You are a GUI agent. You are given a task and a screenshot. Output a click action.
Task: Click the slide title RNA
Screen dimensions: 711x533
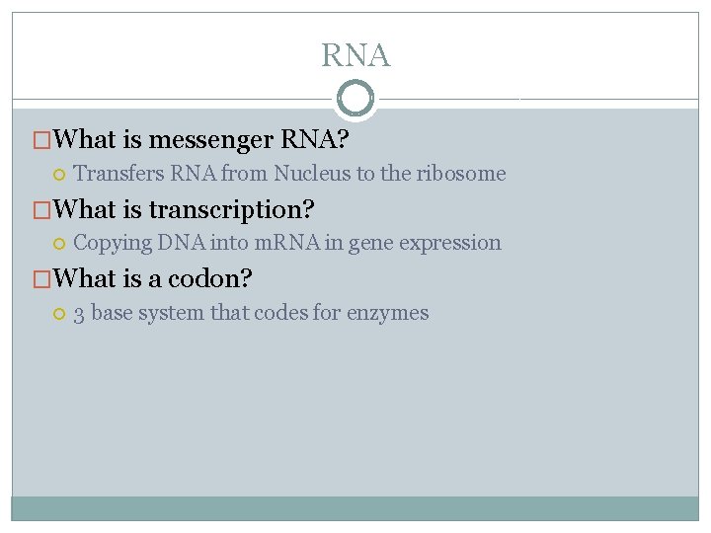(355, 55)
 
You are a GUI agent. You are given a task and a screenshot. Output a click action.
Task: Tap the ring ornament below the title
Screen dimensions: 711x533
(355, 100)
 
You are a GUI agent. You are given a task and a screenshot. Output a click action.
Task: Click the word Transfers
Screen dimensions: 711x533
(119, 174)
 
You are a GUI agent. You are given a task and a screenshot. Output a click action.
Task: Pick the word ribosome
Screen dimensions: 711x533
(460, 174)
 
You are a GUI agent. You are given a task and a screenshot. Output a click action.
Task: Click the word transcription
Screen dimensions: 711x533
(226, 210)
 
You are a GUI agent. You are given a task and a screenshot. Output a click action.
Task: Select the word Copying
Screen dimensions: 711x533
(113, 243)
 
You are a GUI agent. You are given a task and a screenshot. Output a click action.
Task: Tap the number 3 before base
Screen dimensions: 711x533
(78, 314)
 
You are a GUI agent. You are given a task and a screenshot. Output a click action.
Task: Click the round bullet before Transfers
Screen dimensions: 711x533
(58, 175)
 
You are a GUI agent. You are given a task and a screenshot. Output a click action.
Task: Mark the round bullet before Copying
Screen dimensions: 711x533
(58, 244)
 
